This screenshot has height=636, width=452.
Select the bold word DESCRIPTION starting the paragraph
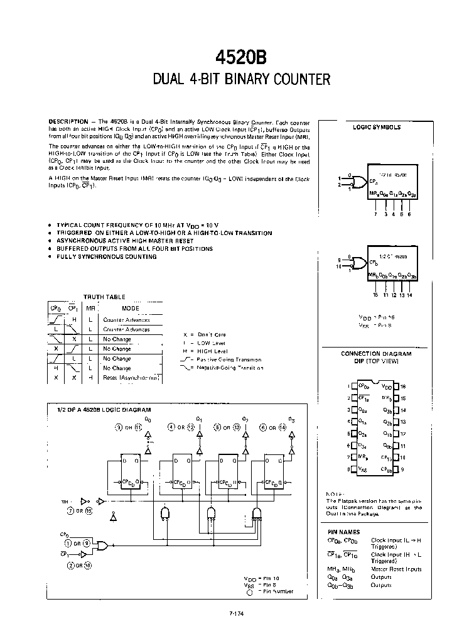point(68,121)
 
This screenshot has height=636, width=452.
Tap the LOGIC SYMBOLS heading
point(377,127)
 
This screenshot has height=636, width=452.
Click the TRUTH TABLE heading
point(104,297)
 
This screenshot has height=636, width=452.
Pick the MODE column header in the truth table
point(131,309)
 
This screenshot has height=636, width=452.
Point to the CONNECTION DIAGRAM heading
point(376,354)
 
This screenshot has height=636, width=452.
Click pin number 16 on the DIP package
point(404,387)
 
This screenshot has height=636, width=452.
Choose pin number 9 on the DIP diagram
point(402,469)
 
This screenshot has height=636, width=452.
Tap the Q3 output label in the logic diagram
point(291,419)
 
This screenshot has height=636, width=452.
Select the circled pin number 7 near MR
point(70,511)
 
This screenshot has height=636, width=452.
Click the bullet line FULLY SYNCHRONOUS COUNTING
point(106,256)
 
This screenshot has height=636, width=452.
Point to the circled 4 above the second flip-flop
point(171,427)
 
